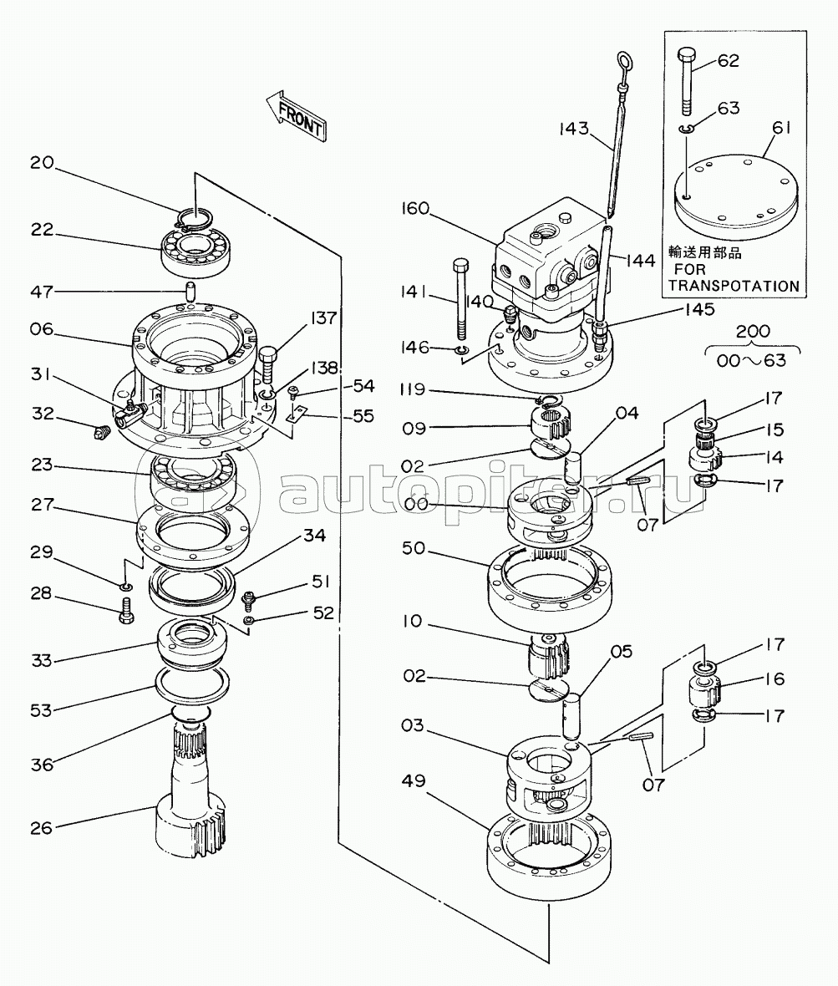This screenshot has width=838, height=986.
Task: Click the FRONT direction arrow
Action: [296, 115]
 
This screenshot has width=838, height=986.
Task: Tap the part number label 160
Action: [415, 208]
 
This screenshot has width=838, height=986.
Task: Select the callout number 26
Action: [42, 827]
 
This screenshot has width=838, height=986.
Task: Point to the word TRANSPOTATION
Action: [734, 286]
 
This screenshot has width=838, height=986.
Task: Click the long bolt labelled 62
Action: [687, 81]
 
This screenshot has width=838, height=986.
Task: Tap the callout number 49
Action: [414, 781]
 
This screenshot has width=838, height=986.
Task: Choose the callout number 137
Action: [324, 318]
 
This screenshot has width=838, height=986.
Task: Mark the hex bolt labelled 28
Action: [126, 611]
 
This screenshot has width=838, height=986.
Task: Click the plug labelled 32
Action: [101, 432]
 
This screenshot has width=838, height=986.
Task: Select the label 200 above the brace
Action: [753, 331]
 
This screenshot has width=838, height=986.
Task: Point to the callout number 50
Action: [414, 548]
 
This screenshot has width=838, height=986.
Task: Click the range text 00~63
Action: [752, 360]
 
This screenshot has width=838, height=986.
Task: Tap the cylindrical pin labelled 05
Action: [572, 716]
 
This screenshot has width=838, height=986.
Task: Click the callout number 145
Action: [700, 309]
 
